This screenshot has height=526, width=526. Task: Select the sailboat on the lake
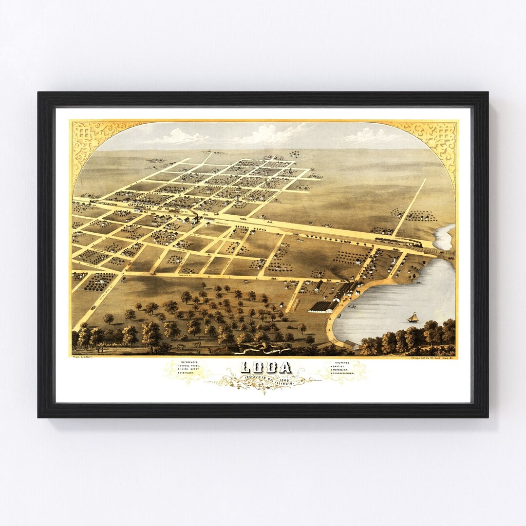[x=413, y=318]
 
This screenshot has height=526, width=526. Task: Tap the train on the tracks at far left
[x=100, y=201]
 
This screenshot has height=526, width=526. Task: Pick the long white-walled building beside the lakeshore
[x=321, y=307]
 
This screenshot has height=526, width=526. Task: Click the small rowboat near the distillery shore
[x=352, y=306]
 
